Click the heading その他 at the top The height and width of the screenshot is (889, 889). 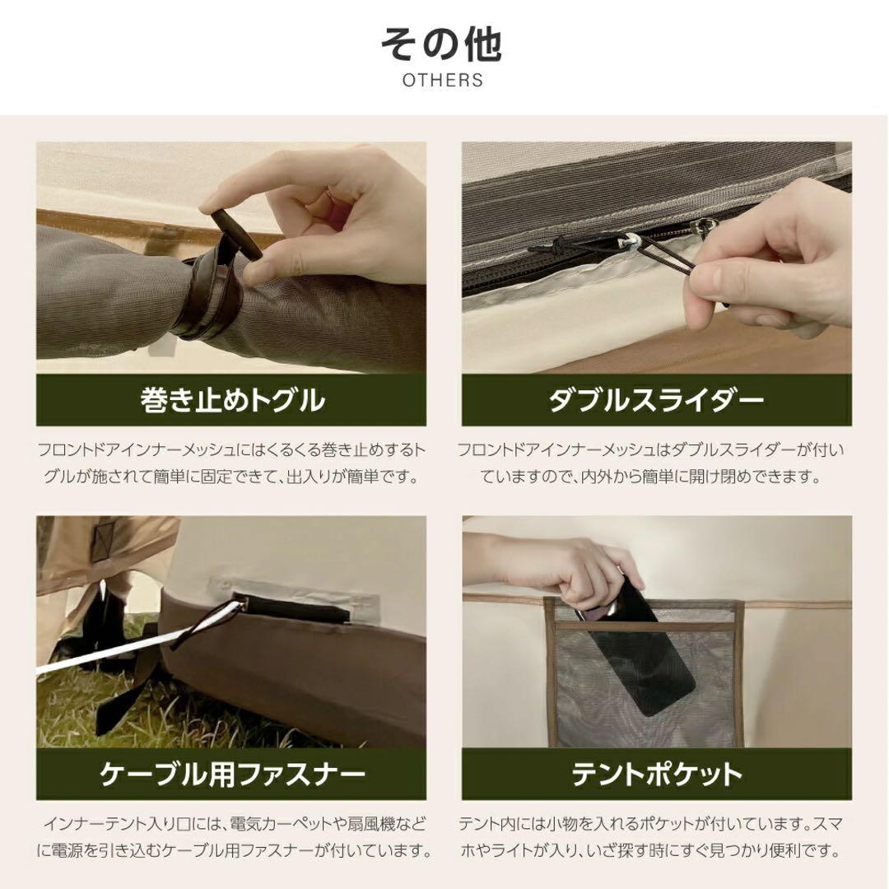(443, 44)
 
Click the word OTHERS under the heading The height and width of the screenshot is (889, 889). (443, 81)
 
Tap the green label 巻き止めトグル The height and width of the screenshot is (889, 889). (231, 400)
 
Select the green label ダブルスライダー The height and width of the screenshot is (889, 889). (656, 400)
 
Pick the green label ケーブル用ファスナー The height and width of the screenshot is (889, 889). (231, 774)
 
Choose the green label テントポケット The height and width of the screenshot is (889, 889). (656, 774)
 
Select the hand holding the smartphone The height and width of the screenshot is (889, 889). (568, 568)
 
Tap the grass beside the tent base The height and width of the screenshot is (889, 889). (99, 708)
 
